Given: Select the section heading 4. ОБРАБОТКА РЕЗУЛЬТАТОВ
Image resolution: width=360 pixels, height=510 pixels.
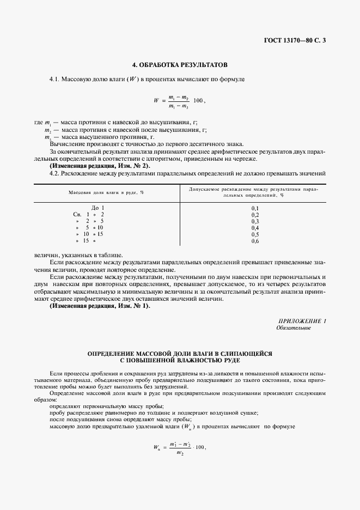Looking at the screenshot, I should point(180,64).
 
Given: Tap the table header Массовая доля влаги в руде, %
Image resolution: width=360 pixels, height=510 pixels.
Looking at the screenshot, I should point(106,193).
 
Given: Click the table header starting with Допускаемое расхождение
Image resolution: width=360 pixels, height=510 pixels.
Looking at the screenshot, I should point(253,192).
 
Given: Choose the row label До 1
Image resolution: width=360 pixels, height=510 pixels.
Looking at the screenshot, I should point(97,208).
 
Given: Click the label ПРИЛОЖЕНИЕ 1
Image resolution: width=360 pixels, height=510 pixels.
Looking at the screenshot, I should point(302,321).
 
